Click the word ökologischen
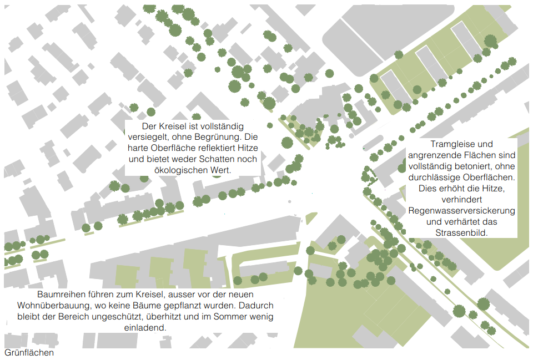pyautogui.click(x=162, y=170)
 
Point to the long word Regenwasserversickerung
pyautogui.click(x=462, y=211)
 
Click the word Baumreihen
pyautogui.click(x=59, y=295)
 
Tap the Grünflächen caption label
pyautogui.click(x=29, y=353)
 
